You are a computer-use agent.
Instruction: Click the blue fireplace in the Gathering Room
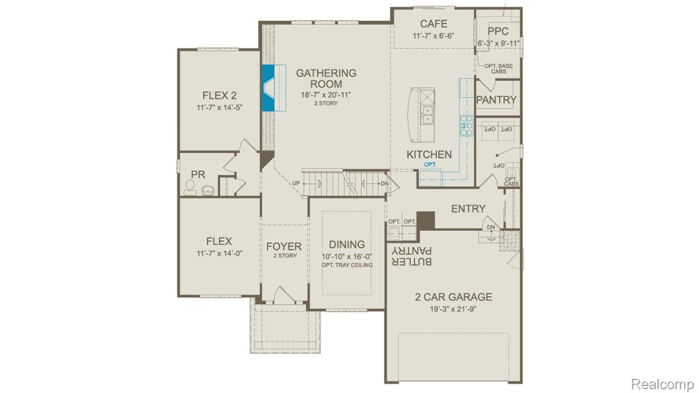269,88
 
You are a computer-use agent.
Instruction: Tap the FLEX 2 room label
219,95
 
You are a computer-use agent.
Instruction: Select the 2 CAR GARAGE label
453,297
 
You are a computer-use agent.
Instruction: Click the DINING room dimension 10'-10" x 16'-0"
347,256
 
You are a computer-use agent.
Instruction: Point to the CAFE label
434,24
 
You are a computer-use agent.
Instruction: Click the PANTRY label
496,100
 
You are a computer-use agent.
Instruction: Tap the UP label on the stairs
297,183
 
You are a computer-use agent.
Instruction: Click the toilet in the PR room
190,188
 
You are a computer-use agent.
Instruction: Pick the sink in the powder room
208,190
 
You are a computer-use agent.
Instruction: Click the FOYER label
284,246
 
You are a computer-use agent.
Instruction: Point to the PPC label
498,32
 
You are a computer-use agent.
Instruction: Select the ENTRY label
468,209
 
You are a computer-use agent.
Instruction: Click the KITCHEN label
429,154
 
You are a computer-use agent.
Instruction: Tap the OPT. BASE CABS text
499,69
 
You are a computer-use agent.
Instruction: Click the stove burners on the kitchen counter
466,125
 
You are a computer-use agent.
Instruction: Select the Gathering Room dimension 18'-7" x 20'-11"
325,94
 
